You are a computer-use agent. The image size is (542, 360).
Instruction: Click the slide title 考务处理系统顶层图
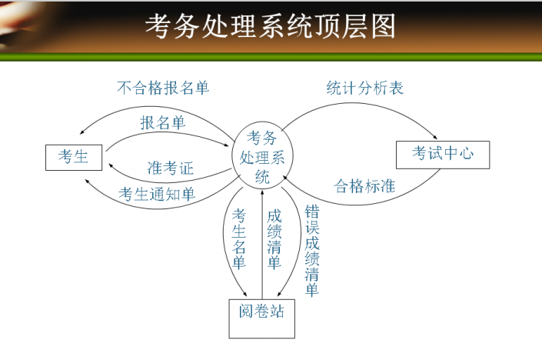(271, 27)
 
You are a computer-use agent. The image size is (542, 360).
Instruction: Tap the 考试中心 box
(442, 155)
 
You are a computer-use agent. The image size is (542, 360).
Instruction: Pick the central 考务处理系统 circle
(261, 157)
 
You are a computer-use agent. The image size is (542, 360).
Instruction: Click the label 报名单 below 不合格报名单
(162, 122)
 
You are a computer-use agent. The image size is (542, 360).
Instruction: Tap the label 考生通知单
(157, 193)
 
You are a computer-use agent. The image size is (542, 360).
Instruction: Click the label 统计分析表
(364, 88)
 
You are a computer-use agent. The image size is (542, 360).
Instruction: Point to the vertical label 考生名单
(239, 238)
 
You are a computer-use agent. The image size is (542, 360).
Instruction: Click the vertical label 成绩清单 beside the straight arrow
(274, 238)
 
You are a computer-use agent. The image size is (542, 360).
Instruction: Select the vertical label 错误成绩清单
(311, 250)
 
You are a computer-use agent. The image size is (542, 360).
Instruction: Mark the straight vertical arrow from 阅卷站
(262, 246)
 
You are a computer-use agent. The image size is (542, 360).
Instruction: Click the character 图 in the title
(382, 27)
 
